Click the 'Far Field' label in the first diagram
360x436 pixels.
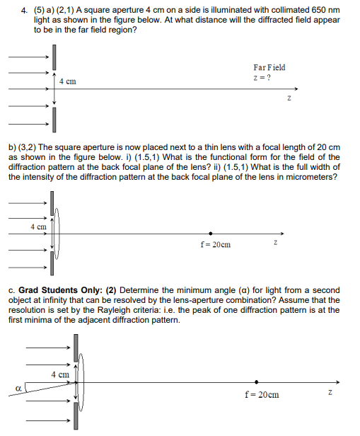(x=268, y=67)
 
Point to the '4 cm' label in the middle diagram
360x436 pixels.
(x=39, y=226)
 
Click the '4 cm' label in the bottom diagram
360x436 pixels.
(x=59, y=374)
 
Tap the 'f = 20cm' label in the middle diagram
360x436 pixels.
(x=216, y=246)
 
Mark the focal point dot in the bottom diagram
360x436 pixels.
(x=256, y=382)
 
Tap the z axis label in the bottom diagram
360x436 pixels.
(x=330, y=393)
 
